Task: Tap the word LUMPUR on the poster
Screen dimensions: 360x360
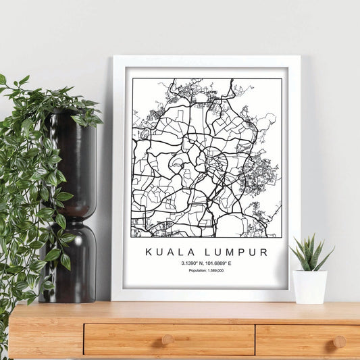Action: (x=230, y=253)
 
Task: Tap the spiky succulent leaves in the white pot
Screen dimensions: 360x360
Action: (x=309, y=253)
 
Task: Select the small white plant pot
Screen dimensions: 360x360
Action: (x=310, y=286)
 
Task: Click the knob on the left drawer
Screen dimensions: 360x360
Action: (x=168, y=340)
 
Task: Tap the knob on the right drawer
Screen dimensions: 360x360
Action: (x=340, y=341)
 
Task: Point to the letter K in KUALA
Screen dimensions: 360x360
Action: (x=148, y=253)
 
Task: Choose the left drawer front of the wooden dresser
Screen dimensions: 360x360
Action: (x=168, y=339)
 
